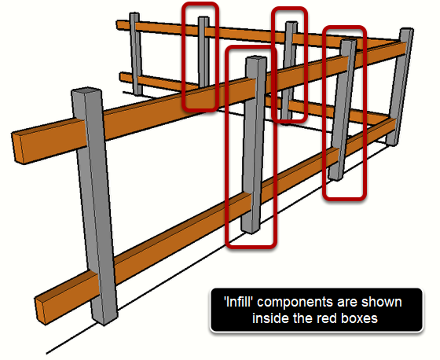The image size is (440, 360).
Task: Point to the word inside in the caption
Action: tap(270, 318)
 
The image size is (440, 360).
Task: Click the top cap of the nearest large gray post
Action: tap(86, 92)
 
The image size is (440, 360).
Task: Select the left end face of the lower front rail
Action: tap(41, 311)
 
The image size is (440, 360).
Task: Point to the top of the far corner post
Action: tap(406, 30)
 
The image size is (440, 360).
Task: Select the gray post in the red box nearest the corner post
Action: tap(343, 109)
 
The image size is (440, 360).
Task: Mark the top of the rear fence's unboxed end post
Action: tap(134, 14)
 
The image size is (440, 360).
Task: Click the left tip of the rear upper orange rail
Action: tap(118, 24)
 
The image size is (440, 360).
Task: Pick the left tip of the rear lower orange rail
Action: tap(121, 77)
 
